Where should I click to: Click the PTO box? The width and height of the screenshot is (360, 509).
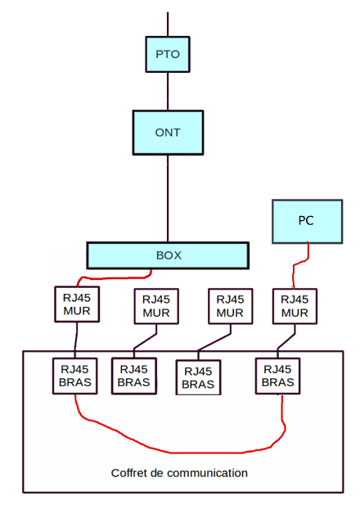[168, 54]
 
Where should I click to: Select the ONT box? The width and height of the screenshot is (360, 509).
[168, 133]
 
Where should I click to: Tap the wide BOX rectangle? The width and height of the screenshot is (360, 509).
[168, 255]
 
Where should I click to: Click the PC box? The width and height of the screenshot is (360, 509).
[307, 222]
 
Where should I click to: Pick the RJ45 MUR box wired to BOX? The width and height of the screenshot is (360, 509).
[77, 304]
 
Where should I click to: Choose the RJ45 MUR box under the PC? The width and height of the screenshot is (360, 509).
[295, 306]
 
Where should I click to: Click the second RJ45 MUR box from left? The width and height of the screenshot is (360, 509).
[156, 306]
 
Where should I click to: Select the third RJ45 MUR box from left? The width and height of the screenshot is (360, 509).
[231, 306]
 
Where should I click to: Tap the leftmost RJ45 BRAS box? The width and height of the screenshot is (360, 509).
[75, 376]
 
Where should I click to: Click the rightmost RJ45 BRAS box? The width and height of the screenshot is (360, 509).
[278, 376]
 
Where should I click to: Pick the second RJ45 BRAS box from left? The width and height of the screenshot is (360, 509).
[134, 376]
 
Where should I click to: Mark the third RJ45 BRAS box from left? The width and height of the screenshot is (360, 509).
[198, 377]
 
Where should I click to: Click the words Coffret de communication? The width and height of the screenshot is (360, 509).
[179, 473]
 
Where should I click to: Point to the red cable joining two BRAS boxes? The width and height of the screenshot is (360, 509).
[182, 453]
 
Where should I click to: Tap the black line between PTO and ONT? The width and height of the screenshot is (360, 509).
[168, 91]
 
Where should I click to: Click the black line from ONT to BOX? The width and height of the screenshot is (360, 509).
[168, 198]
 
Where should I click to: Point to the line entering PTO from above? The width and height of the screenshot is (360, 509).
[168, 25]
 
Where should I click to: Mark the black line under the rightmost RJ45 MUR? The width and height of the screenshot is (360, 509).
[286, 341]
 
